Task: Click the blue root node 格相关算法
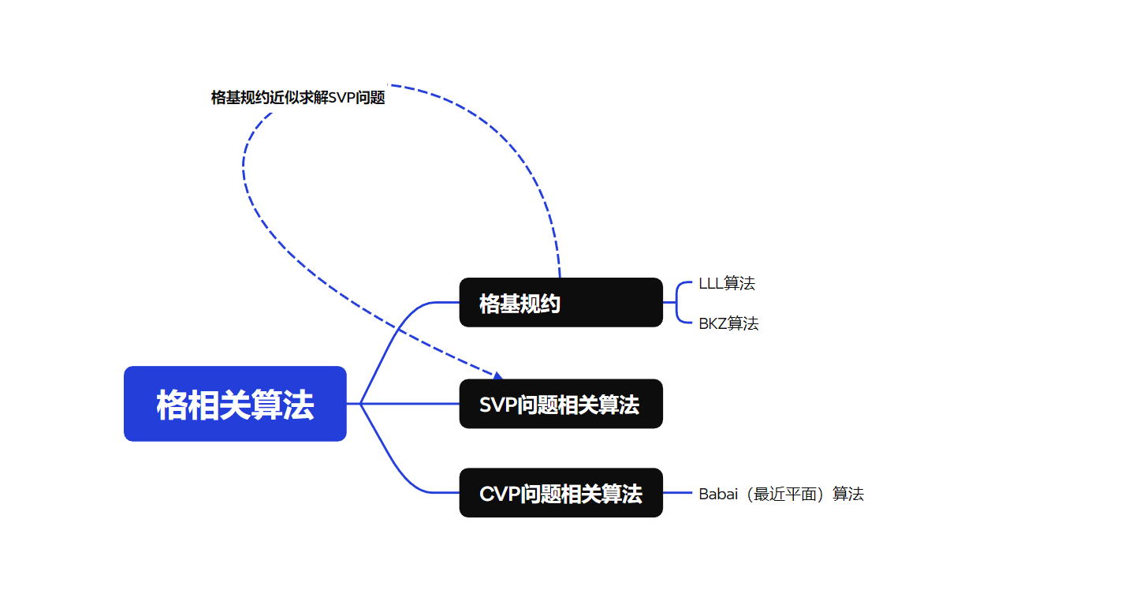tap(235, 404)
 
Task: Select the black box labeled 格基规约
tap(561, 303)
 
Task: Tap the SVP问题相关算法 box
tap(561, 404)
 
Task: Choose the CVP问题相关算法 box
tap(561, 493)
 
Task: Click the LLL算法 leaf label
tap(727, 284)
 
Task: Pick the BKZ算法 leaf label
tap(728, 323)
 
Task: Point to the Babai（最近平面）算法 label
tap(781, 494)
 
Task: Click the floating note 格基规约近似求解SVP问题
tap(298, 98)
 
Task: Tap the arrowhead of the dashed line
tap(497, 376)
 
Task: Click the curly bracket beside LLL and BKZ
tap(678, 303)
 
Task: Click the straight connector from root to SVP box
tap(410, 404)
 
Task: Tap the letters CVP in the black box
tap(498, 494)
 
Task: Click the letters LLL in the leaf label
tap(710, 284)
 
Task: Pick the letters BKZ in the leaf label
tap(713, 323)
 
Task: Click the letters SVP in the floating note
tap(343, 98)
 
